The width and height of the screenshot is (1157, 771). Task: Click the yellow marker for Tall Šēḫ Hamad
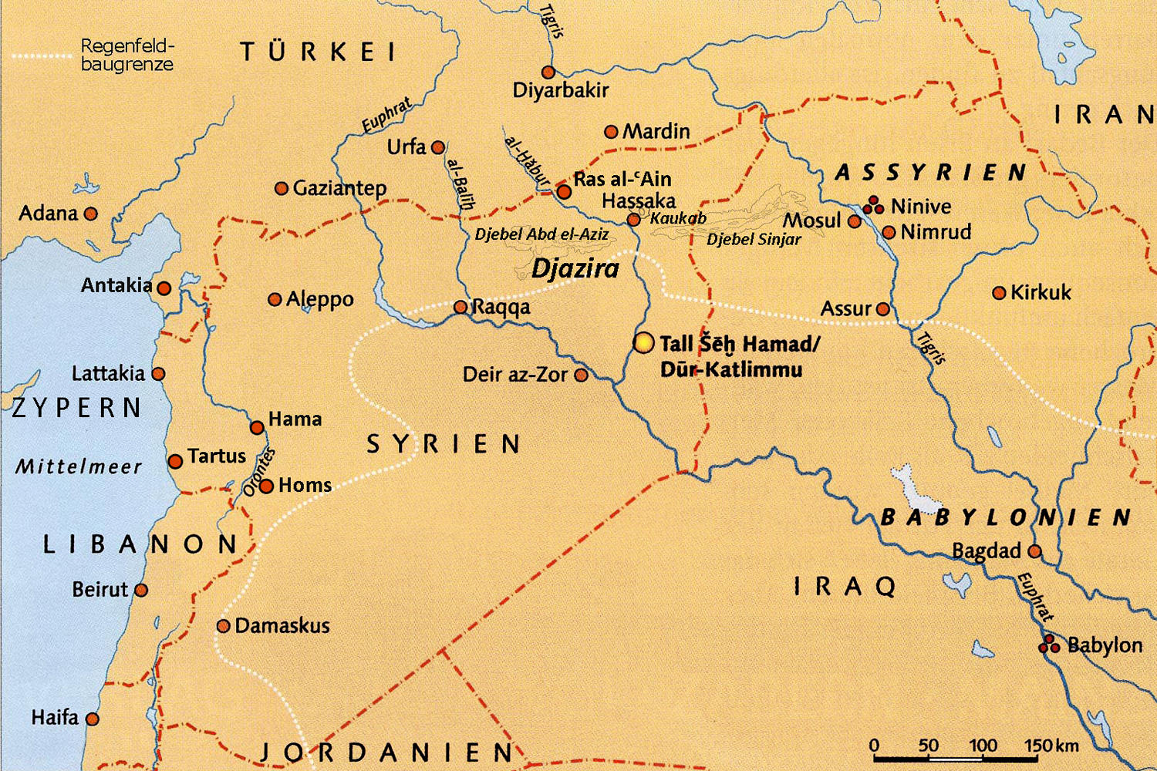pos(643,342)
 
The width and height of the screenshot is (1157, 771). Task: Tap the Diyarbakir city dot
pos(548,72)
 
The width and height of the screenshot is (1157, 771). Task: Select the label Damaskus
pos(282,625)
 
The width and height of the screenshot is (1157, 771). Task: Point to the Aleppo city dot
pos(275,299)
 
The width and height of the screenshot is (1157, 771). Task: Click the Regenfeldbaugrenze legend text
pos(127,56)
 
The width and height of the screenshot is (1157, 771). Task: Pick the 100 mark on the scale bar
pos(983,746)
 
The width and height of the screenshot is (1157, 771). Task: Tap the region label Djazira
pos(575,268)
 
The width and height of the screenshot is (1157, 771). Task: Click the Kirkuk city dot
pos(999,293)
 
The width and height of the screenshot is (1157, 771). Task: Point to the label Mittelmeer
pos(79,466)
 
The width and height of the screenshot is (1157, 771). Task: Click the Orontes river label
pos(259,472)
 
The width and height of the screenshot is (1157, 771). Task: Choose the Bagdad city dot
pos(1035,551)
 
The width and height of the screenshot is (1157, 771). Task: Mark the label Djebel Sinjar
pos(754,240)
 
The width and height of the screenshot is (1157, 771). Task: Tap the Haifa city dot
pos(93,719)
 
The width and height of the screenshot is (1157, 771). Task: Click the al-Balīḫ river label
pos(460,184)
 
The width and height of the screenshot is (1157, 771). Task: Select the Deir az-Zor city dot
pos(582,375)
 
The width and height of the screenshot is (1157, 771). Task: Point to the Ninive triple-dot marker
pos(873,205)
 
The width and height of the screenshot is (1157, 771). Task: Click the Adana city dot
pos(91,214)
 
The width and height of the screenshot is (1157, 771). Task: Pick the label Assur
pos(845,308)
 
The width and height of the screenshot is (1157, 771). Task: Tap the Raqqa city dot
pos(460,307)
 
